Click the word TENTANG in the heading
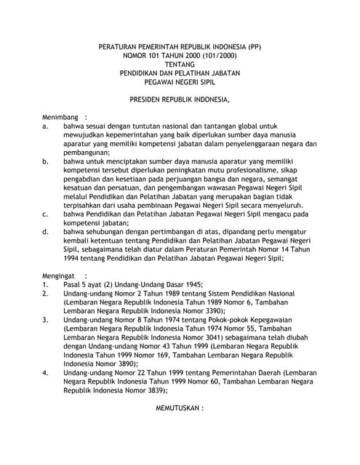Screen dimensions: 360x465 coord(180,64)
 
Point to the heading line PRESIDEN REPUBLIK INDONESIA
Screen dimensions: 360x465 coord(180,98)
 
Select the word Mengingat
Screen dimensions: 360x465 coord(60,276)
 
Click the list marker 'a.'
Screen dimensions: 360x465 coord(45,126)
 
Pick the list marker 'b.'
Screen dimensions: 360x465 coord(45,161)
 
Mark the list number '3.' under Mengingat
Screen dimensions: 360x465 coord(45,320)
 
